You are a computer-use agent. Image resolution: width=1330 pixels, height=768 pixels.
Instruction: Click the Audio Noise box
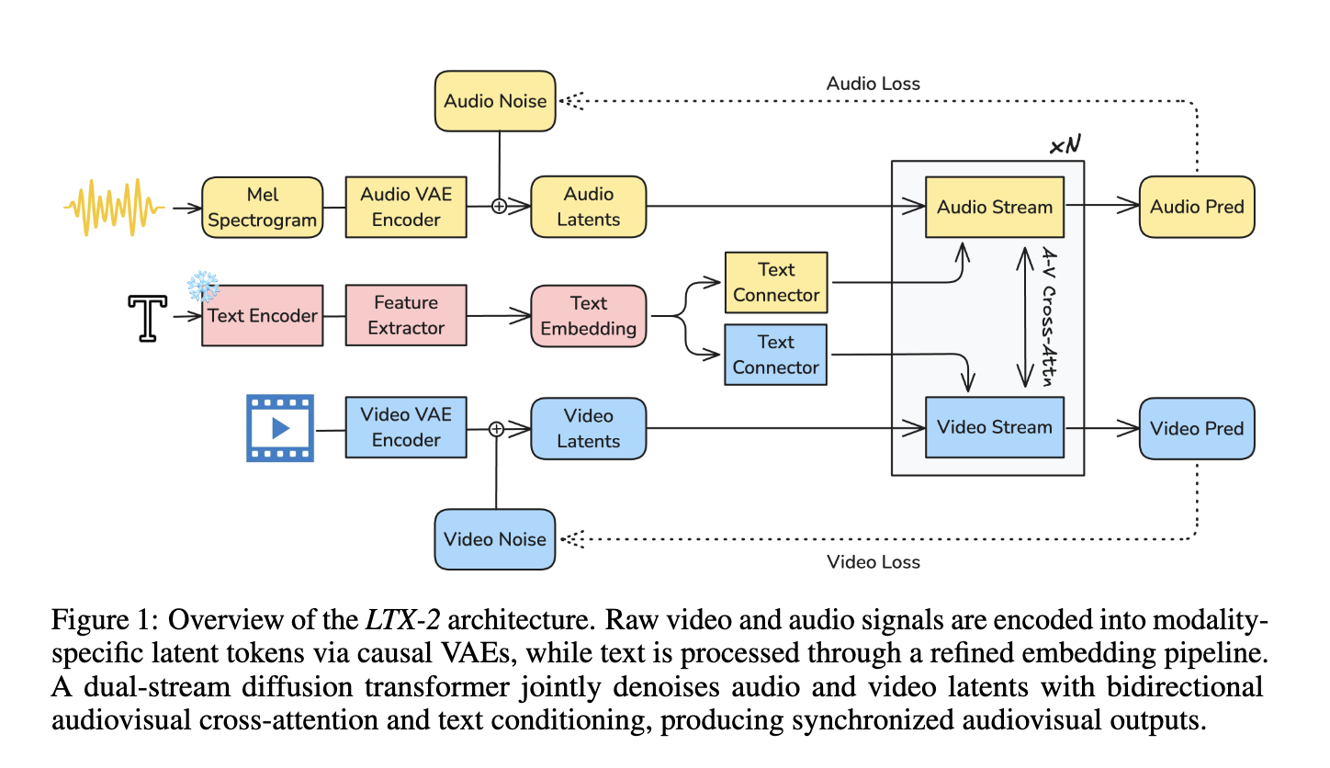click(495, 101)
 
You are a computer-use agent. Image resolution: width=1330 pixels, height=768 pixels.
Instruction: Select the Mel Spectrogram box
click(262, 208)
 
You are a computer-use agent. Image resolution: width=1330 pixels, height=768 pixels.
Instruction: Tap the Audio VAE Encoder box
click(406, 208)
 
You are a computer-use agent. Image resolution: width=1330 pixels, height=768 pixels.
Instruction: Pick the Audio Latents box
click(589, 208)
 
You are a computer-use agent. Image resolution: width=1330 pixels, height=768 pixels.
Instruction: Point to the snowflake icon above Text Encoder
click(203, 287)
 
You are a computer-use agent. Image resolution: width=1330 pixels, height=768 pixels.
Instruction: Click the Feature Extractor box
click(406, 315)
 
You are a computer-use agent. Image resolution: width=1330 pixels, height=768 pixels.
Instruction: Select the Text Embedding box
click(589, 316)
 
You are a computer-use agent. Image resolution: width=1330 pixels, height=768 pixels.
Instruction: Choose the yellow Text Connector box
click(776, 283)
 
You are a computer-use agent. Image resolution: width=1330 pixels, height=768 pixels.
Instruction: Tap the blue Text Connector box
click(776, 355)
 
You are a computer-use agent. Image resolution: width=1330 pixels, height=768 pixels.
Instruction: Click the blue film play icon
click(280, 427)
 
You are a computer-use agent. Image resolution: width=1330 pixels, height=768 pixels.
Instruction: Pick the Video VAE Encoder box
click(406, 427)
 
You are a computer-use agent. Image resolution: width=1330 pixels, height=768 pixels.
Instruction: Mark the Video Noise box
click(495, 539)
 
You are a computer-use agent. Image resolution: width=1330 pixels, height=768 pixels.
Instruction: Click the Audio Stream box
click(994, 208)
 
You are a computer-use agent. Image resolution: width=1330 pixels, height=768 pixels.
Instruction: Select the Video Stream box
click(994, 427)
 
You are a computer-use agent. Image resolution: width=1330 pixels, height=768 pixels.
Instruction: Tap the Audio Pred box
click(1197, 208)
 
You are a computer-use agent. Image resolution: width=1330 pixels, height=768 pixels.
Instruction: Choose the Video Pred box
click(1197, 428)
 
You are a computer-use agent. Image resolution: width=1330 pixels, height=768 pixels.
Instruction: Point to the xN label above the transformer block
click(1065, 147)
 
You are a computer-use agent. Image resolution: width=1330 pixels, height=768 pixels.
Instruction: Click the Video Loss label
click(874, 562)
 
